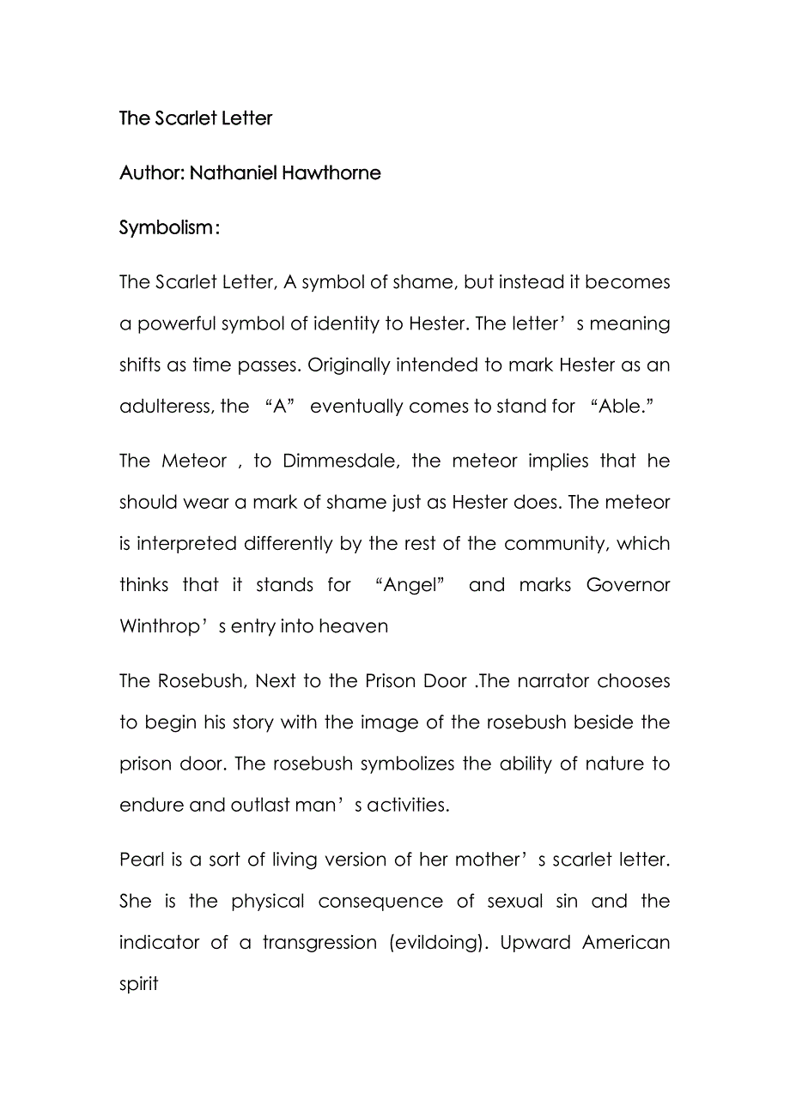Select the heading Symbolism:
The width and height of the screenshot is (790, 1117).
169,228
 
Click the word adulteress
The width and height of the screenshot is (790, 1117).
165,407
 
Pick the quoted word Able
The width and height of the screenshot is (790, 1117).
621,407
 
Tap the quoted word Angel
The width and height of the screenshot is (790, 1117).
410,585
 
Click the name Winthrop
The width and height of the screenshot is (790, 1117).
159,626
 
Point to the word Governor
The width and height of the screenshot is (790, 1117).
628,585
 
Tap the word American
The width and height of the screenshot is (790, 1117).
626,942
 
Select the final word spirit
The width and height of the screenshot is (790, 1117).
139,983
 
